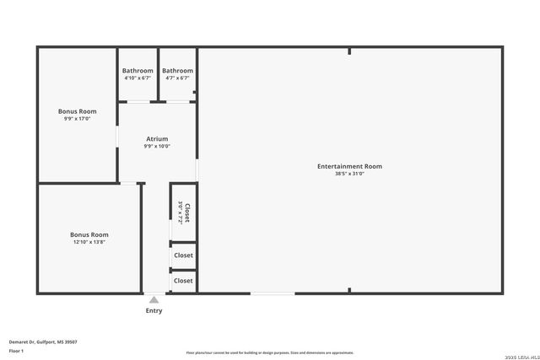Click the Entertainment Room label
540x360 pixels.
click(x=349, y=166)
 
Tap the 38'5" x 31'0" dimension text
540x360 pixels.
click(x=349, y=174)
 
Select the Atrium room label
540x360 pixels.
click(x=157, y=138)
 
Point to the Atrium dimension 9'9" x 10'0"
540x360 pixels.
click(x=157, y=146)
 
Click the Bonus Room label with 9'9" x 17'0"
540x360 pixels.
click(x=77, y=111)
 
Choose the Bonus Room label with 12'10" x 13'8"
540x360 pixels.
click(x=89, y=234)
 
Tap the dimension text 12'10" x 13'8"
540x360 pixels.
click(x=89, y=242)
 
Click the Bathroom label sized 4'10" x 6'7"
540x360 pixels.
click(x=138, y=71)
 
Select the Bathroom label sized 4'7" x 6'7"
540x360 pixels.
click(x=177, y=71)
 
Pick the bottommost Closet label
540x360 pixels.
click(x=183, y=281)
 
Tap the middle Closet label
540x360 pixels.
click(x=183, y=255)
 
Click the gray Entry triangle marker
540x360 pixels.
click(x=154, y=299)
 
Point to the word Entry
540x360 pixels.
click(x=154, y=310)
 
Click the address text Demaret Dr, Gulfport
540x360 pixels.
click(x=43, y=341)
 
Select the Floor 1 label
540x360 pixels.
click(x=16, y=350)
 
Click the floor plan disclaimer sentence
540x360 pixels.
click(x=269, y=352)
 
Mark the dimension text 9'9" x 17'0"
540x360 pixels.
click(x=77, y=119)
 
